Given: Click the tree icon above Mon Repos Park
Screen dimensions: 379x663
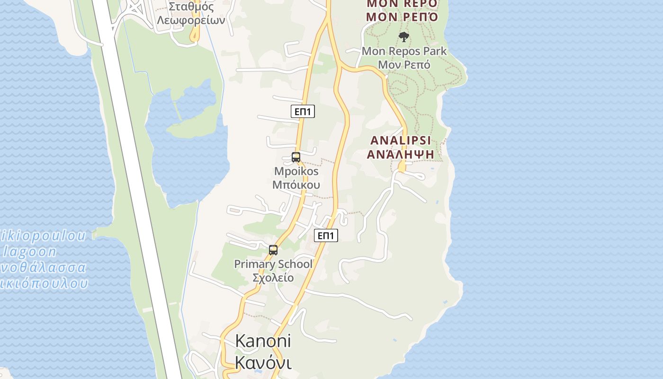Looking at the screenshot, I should pos(403,36).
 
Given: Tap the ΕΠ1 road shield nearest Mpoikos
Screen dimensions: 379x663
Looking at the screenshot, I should pos(303,112).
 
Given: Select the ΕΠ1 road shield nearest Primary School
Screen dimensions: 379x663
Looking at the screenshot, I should pos(326,235).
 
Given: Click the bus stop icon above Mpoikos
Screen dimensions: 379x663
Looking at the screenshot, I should pos(296,157).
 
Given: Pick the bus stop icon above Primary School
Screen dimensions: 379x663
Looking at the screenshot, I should pos(273,250).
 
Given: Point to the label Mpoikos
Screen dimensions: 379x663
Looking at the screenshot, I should pos(296,171).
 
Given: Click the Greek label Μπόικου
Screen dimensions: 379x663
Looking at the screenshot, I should pos(296,185).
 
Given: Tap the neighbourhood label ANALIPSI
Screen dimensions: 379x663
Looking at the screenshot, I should pos(401,141).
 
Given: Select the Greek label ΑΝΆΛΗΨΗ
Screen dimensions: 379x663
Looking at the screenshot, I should pos(401,154).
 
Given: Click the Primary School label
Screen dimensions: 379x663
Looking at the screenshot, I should pos(273,264).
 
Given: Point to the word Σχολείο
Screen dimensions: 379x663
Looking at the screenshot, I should pos(273,278).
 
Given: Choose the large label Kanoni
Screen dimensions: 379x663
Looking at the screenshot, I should pos(263,341).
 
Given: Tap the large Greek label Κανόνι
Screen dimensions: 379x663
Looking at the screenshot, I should pos(263,362).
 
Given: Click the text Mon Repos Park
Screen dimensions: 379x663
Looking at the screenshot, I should pos(404,51).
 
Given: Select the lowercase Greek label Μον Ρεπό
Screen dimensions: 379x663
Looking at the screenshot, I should pos(404,64).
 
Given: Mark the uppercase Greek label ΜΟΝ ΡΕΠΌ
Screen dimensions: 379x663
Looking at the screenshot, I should pos(402,17).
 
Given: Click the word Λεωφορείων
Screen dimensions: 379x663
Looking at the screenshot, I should pos(191,20).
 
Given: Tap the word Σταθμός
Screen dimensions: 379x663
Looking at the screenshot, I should pos(191,7).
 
